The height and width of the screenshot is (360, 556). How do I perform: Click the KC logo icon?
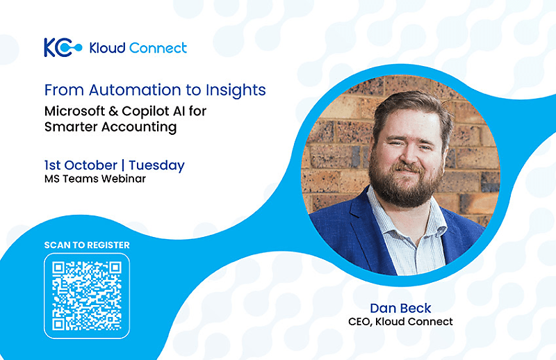(63, 47)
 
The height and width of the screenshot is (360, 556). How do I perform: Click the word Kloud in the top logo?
(107, 48)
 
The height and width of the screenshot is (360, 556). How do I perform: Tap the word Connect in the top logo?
(158, 48)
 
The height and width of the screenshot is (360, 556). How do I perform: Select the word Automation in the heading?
(135, 90)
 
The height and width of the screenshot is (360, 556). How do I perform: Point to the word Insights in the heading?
(236, 90)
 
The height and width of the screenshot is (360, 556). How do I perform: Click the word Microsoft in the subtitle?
(75, 111)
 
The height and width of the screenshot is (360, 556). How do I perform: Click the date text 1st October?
(81, 165)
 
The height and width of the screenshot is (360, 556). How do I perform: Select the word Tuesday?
(157, 165)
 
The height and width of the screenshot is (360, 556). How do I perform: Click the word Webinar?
(124, 179)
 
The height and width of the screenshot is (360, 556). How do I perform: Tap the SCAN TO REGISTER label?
(87, 245)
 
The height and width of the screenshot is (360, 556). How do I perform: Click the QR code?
(87, 296)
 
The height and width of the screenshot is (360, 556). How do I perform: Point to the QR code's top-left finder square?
(58, 268)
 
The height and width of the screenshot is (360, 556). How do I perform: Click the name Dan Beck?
(401, 308)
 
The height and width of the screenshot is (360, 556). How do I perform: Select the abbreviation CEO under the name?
(359, 322)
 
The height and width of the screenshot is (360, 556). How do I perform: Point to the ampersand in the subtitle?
(113, 111)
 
